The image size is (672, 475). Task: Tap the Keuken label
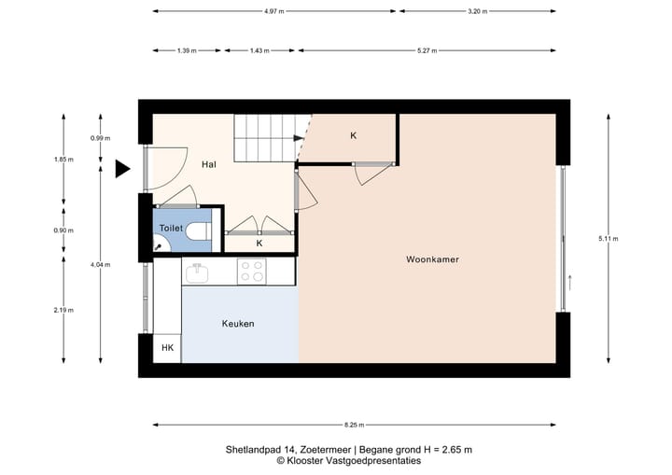(x=238, y=324)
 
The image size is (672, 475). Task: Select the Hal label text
(x=208, y=164)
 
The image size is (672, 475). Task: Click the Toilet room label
(x=171, y=228)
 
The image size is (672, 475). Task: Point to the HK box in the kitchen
(x=168, y=348)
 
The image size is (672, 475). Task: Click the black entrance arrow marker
(x=122, y=169)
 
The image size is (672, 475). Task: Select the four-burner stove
(x=251, y=272)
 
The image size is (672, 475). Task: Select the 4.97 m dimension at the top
(x=273, y=12)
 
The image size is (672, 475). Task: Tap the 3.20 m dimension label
(x=478, y=12)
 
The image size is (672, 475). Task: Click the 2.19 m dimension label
(x=63, y=310)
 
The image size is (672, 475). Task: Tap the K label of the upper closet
(x=353, y=136)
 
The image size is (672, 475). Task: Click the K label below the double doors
(x=259, y=244)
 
